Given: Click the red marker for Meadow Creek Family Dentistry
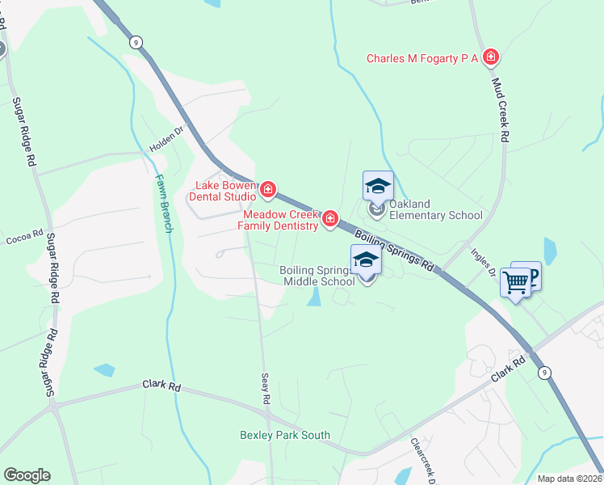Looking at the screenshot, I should click(x=330, y=219).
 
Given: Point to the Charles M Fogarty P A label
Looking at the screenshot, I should click(x=422, y=57).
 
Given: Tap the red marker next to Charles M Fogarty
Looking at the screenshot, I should click(x=490, y=57).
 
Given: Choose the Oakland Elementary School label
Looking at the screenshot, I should click(x=435, y=209).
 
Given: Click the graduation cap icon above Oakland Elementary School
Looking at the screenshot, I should click(x=378, y=186).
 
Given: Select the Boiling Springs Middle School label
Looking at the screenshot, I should click(x=317, y=276).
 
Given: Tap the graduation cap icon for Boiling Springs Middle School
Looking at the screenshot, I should click(x=366, y=259).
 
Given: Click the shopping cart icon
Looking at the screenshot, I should click(x=515, y=283).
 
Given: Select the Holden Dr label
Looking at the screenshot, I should click(x=167, y=141).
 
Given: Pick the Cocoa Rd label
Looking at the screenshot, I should click(x=24, y=236).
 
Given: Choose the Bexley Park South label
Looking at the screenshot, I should click(x=285, y=435).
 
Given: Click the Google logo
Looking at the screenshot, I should click(x=27, y=475).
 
